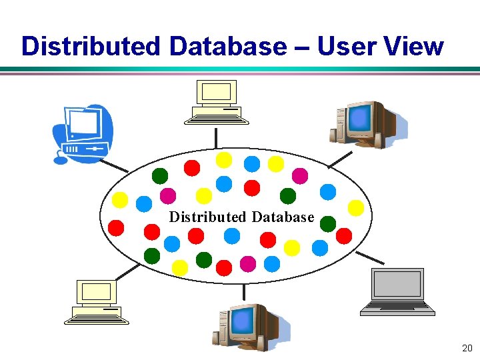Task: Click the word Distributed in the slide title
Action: (x=91, y=47)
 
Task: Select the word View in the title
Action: (x=414, y=47)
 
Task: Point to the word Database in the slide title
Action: (x=227, y=47)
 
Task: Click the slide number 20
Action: (x=467, y=348)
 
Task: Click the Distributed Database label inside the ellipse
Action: (x=241, y=217)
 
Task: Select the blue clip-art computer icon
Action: (x=83, y=133)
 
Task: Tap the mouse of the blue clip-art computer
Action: (x=61, y=160)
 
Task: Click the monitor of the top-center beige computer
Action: (x=216, y=92)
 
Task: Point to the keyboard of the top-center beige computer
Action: (x=216, y=119)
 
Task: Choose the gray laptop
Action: (x=397, y=291)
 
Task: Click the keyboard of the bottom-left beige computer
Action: (x=97, y=319)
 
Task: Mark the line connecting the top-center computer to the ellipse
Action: (x=216, y=137)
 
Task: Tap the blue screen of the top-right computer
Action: (x=360, y=119)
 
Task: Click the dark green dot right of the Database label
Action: (x=327, y=224)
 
